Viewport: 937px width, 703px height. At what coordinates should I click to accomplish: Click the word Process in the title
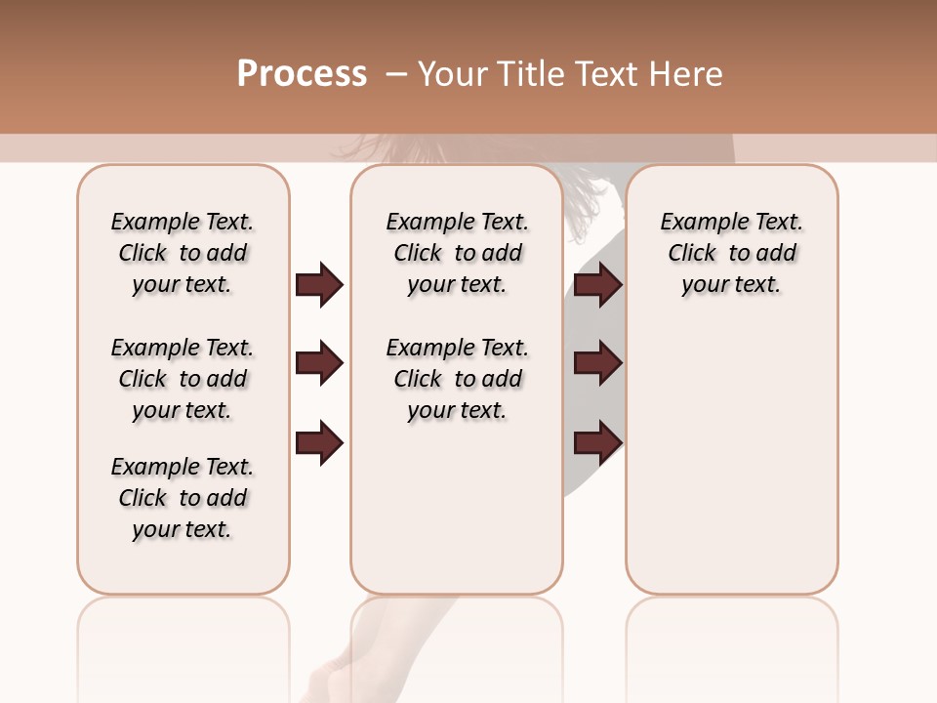[302, 74]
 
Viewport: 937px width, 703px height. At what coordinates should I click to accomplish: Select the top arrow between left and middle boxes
[319, 285]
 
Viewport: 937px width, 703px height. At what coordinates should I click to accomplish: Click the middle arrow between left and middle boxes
[319, 364]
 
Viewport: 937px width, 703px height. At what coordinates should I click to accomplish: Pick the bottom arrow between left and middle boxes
[319, 442]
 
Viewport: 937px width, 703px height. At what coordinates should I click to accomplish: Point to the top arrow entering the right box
[597, 285]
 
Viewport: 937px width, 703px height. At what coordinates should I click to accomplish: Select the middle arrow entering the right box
[597, 364]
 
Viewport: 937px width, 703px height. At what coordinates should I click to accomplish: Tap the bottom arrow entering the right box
[597, 442]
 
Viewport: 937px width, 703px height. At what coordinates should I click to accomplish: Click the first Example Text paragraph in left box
[183, 253]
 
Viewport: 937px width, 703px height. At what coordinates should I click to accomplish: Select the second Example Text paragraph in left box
[183, 379]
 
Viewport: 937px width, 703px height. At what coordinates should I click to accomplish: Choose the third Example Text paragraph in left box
[183, 498]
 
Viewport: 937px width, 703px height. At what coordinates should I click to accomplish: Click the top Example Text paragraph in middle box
[458, 253]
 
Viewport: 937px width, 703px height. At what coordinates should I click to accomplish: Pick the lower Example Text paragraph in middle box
[458, 379]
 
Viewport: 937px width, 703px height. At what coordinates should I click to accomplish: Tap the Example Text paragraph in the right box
[731, 253]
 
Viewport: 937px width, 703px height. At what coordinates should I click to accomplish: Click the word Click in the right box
[692, 254]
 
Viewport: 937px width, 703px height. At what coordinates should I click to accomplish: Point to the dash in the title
[396, 74]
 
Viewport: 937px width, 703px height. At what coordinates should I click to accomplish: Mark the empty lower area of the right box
[731, 459]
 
